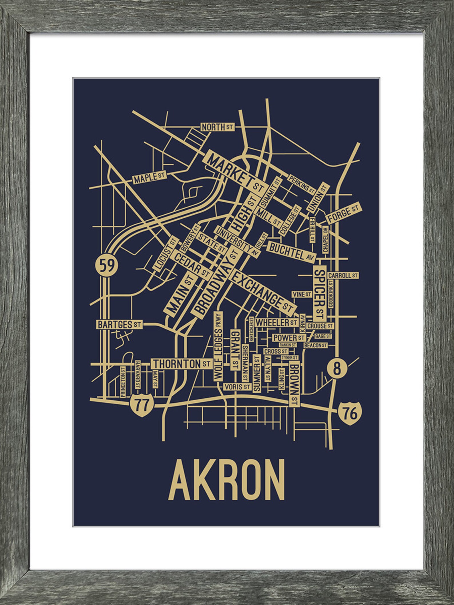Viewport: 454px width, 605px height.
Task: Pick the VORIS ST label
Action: (x=237, y=387)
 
